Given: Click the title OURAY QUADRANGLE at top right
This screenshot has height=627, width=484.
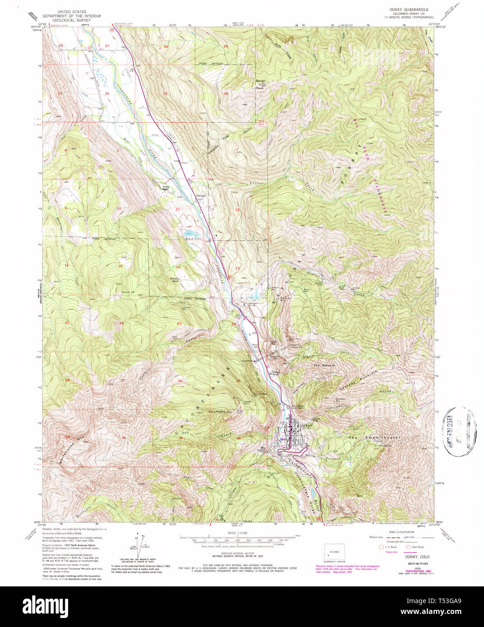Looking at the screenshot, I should (x=409, y=9).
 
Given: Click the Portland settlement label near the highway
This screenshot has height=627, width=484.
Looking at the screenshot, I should (x=201, y=195).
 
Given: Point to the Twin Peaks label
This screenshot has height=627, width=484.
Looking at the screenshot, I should (x=217, y=412).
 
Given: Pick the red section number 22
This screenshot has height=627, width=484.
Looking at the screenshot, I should (x=121, y=323).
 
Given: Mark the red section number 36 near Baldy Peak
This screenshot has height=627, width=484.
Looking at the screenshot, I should (x=226, y=93).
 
